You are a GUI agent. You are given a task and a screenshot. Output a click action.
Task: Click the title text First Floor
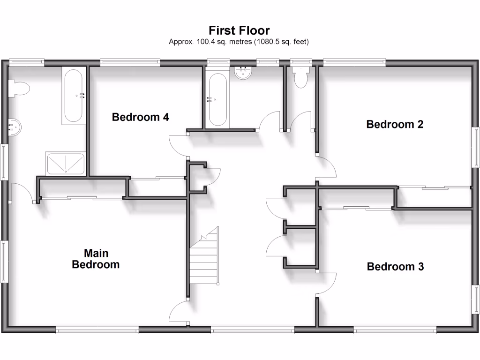pos(239,31)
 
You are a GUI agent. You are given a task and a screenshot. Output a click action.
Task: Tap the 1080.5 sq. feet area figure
pos(281,42)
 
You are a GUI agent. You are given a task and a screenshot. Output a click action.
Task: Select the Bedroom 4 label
pos(140,117)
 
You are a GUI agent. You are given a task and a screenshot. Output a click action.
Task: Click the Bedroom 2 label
pos(395,124)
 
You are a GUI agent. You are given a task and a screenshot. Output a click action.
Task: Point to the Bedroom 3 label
pos(395,267)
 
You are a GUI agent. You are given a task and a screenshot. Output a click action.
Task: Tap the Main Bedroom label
pos(96,259)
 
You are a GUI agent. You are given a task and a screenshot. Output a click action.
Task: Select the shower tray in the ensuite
pos(66,163)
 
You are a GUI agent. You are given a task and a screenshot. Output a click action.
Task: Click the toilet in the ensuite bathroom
pos(19,89)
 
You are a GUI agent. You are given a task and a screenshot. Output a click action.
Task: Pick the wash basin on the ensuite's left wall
pos(15,127)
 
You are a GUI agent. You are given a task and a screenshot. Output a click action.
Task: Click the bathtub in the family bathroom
pos(217,99)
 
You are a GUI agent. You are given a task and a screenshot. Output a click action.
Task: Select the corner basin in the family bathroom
pos(244,73)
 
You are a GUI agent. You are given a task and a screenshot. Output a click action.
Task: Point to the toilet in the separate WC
pos(300,76)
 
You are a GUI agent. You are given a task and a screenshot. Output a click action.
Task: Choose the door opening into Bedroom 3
pos(327,283)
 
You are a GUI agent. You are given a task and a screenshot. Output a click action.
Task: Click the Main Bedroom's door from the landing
pos(179,313)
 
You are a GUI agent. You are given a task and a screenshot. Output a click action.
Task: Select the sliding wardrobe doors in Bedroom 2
pos(434,188)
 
